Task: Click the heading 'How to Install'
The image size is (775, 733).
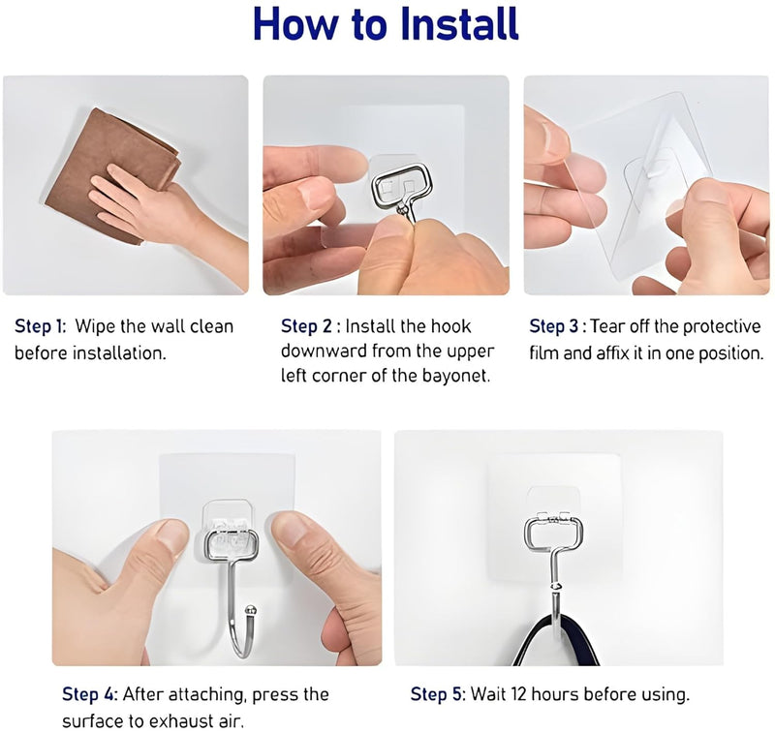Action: [x=386, y=25]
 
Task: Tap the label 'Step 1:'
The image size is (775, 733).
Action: [x=40, y=326]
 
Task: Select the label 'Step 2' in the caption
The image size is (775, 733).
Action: [x=307, y=326]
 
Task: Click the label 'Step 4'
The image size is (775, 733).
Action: [x=89, y=694]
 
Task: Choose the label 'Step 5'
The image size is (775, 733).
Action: [x=437, y=694]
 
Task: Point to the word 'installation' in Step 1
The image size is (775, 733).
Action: [x=116, y=352]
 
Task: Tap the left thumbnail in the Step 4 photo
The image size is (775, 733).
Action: [x=170, y=536]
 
